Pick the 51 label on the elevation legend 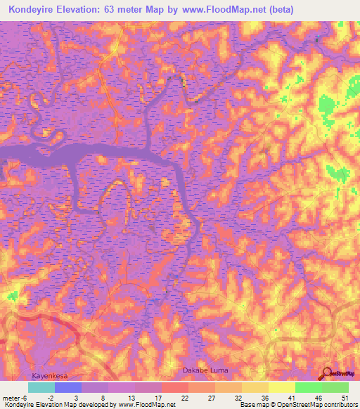(345, 398)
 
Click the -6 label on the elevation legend (24, 398)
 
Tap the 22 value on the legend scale (184, 398)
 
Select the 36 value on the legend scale (264, 398)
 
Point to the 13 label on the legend (131, 398)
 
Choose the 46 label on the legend (318, 398)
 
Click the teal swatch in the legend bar (41, 387)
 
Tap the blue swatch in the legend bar (68, 387)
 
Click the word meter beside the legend (10, 398)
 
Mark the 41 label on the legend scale (291, 398)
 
